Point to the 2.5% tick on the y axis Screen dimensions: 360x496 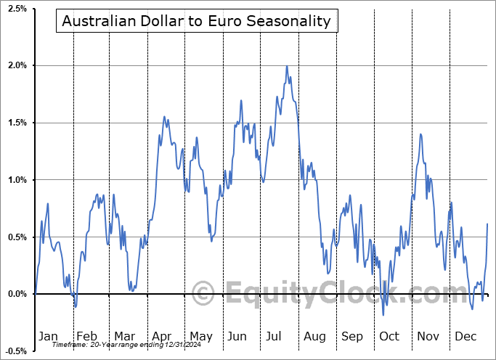16,9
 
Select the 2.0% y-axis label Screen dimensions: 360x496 16,66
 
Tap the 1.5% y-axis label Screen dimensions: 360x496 16,123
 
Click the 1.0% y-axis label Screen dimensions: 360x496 16,180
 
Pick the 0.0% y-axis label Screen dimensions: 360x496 16,294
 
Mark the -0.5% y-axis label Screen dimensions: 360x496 15,351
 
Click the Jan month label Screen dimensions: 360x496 48,336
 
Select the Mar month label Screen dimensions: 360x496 123,336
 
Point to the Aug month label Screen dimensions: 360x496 314,336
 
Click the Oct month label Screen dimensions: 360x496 390,336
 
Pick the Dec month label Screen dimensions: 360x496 465,336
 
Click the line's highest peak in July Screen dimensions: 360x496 287,67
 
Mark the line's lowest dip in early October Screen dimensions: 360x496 383,314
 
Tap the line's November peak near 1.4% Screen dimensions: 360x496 420,134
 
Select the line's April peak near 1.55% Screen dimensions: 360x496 164,117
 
